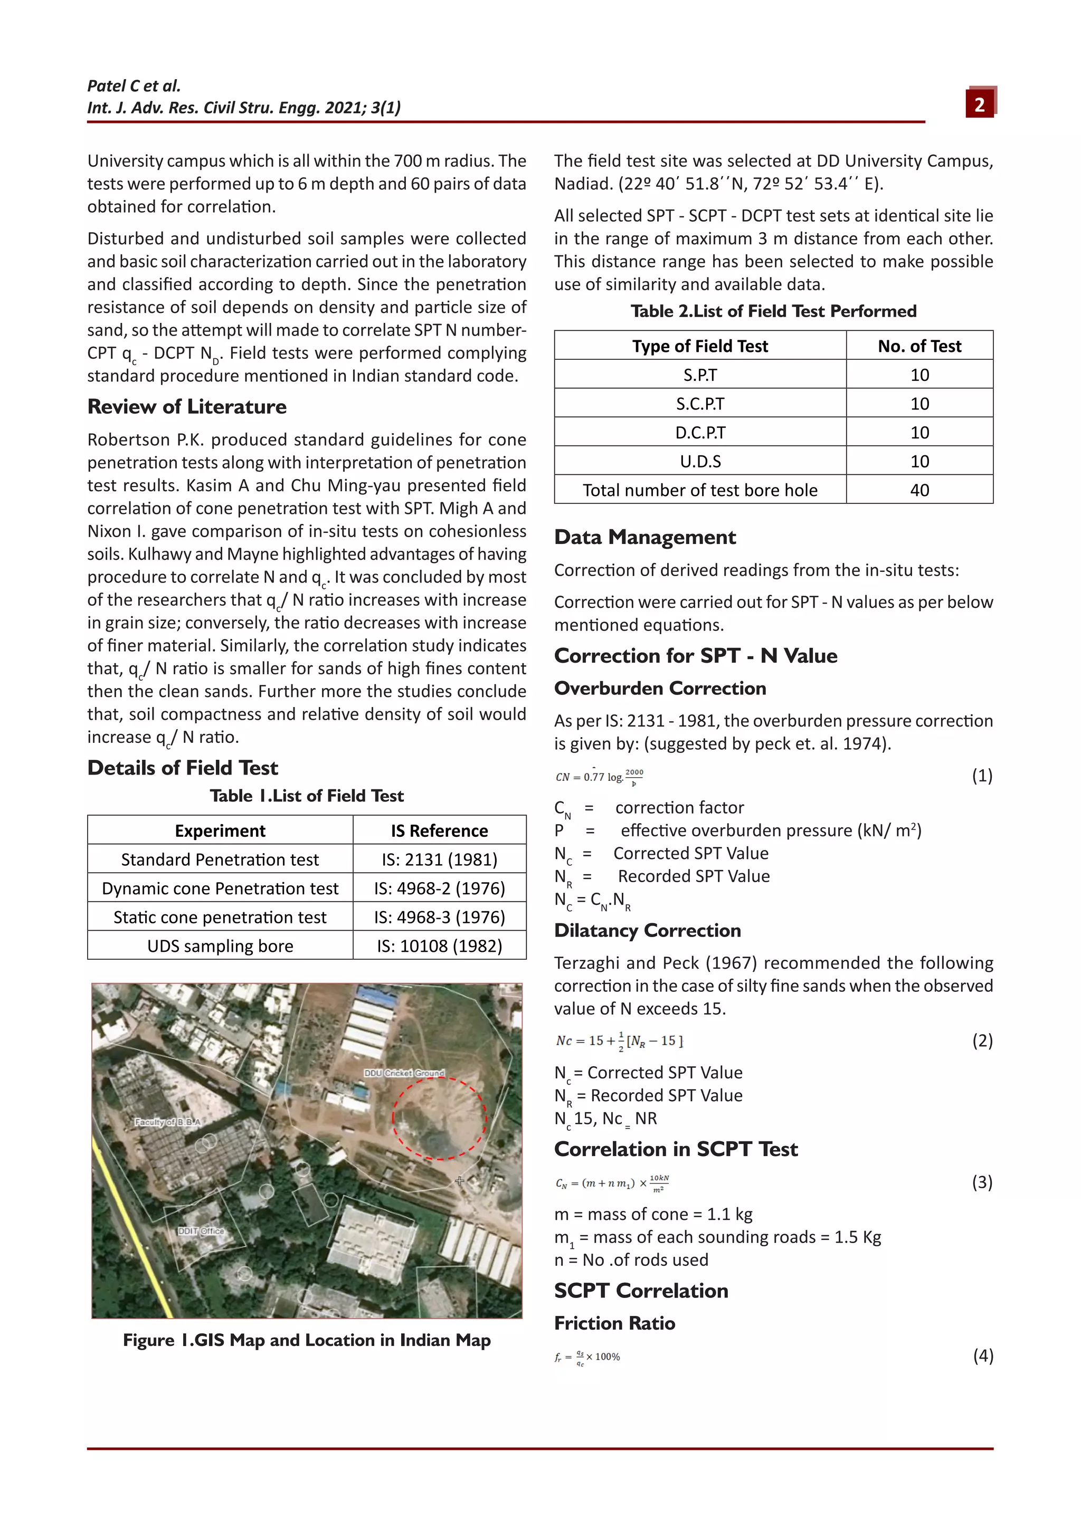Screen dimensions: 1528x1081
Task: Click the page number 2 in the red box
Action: [x=979, y=104]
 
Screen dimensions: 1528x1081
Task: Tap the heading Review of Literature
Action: [x=187, y=407]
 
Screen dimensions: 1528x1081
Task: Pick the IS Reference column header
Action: [x=439, y=830]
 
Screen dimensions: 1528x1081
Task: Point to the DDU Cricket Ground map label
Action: [x=403, y=1073]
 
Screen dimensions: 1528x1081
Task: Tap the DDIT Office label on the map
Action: [x=201, y=1230]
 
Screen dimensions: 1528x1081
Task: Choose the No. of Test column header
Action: [x=919, y=346]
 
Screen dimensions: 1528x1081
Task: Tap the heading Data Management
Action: [x=645, y=537]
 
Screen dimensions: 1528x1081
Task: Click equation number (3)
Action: [x=982, y=1182]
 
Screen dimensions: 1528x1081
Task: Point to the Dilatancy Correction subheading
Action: [x=647, y=930]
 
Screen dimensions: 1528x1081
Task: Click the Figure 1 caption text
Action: [x=306, y=1340]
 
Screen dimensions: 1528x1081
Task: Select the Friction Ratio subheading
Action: [x=614, y=1323]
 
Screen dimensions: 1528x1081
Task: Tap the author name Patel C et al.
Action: [x=134, y=86]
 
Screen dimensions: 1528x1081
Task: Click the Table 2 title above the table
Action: [x=773, y=311]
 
